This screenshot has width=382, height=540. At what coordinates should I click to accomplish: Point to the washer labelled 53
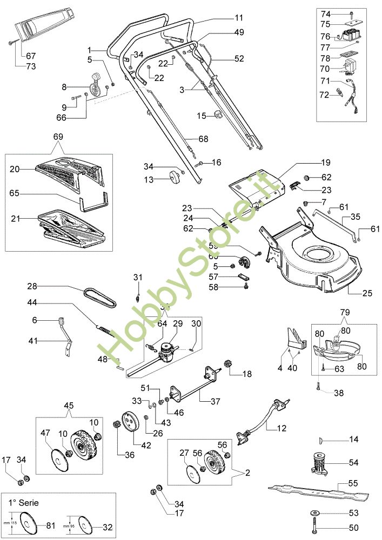point(314,512)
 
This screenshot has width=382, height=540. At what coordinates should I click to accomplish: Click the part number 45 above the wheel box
point(69,406)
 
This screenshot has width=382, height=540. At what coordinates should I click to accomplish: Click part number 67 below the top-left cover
point(31,56)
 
